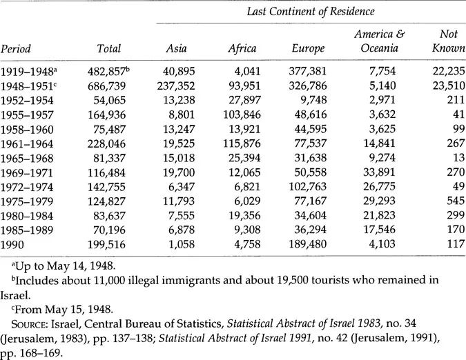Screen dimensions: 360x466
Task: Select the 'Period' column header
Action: coord(19,49)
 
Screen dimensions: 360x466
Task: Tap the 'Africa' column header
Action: coord(242,49)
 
